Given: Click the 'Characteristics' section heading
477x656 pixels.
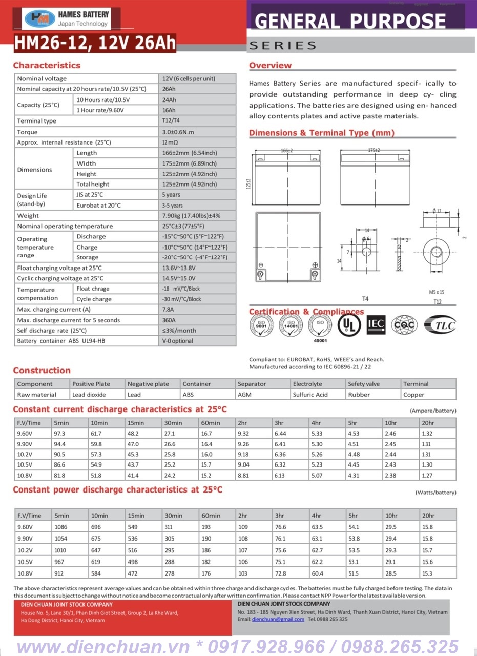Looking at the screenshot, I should tap(47, 65).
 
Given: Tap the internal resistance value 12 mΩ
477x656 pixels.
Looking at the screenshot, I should tap(170, 142).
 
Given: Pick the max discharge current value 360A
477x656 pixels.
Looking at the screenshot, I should tap(170, 320).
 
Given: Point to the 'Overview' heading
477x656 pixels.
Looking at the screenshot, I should tap(270, 65).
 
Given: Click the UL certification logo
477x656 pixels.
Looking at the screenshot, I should tap(349, 324).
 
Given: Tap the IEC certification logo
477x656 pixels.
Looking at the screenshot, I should tap(377, 324).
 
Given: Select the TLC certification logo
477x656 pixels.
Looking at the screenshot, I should tap(439, 324).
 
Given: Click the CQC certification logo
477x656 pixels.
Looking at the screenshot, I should tap(404, 324).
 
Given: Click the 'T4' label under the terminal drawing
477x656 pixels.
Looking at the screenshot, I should tap(365, 299).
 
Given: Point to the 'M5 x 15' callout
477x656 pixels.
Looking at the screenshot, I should tap(437, 292).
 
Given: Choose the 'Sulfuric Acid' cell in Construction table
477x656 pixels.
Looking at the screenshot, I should tap(310, 395).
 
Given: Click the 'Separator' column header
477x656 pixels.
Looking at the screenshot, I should tap(252, 384).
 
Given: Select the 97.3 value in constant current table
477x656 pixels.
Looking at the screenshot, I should tap(59, 434).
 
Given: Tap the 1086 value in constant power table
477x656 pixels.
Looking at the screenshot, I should tap(61, 527).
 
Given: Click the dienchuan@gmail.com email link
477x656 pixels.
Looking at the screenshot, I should tap(278, 619).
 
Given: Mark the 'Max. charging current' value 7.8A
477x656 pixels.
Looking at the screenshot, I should tap(168, 310).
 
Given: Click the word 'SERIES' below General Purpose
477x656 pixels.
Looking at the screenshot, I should tap(282, 46).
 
